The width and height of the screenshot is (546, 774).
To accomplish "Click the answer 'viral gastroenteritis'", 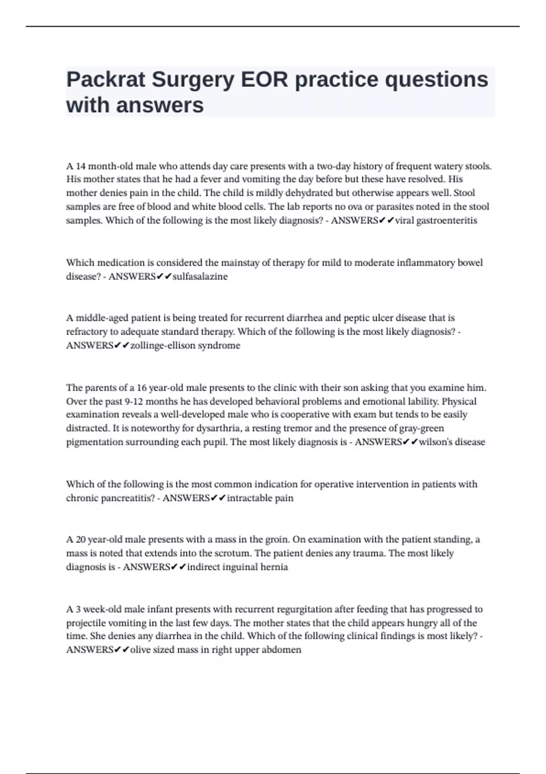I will coord(436,220).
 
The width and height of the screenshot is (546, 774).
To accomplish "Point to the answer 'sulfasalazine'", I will coord(200,276).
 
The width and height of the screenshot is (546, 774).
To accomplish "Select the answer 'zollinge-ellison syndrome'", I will coord(185,346).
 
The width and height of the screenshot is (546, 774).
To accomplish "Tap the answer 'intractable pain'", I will coord(260,498).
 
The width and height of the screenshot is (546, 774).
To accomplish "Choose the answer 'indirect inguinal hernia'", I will coord(237,567).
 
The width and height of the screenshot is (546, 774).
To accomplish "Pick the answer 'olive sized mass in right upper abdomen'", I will coord(215,650).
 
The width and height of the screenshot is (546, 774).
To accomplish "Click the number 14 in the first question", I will coord(81,166).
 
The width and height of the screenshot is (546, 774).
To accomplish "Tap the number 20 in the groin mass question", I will coord(81,540).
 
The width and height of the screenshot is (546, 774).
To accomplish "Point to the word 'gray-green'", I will coord(421,428).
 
